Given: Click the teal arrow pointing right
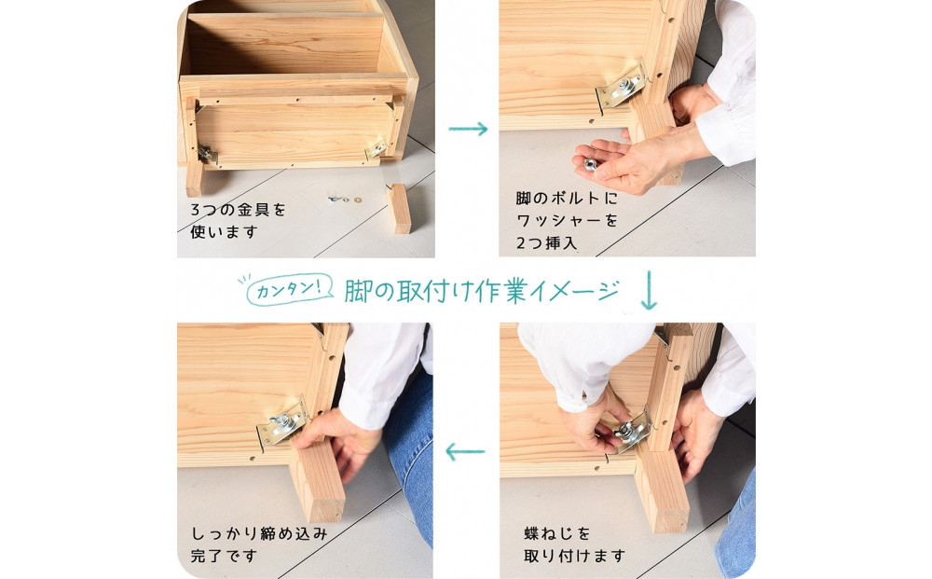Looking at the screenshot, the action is (x=468, y=129).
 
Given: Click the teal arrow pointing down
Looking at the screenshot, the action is (x=649, y=290).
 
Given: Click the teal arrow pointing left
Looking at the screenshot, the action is (x=465, y=452).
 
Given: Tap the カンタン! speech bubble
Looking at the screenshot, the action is (x=289, y=289).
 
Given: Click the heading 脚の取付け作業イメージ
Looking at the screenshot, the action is (x=482, y=291).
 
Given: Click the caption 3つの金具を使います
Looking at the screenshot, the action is (x=238, y=221).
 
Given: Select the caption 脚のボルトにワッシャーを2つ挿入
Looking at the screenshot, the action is (x=567, y=221).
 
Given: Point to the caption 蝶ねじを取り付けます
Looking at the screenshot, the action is (x=574, y=545).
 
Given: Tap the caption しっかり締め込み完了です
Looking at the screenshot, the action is (x=258, y=545).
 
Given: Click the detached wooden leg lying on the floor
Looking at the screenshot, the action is (x=399, y=208).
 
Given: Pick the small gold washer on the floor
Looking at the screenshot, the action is (x=357, y=200).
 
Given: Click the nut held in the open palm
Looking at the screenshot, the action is (x=590, y=164).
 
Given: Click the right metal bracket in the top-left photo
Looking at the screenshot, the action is (x=376, y=148).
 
